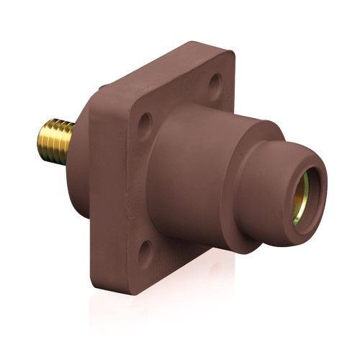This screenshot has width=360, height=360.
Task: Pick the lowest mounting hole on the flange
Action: click(146, 251)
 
